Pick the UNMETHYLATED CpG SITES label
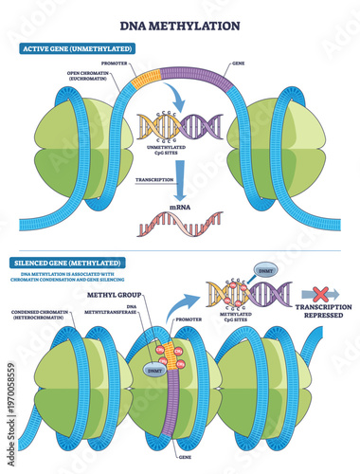point(179,149)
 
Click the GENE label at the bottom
point(180,444)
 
